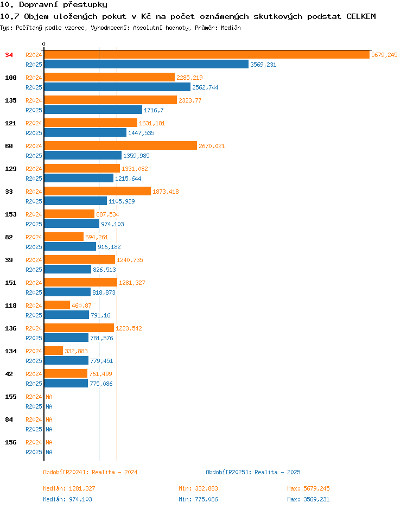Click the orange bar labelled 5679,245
[207, 55]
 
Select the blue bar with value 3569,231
[147, 64]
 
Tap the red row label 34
[9, 55]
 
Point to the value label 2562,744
[205, 87]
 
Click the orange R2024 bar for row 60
[120, 146]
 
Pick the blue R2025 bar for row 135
[93, 110]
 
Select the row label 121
[11, 123]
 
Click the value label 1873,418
[166, 192]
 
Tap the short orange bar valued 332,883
[54, 351]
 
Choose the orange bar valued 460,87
[57, 305]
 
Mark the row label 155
[11, 397]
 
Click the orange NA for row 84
[49, 419]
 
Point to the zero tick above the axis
[44, 44]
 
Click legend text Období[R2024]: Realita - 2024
[90, 472]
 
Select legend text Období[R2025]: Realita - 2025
[253, 472]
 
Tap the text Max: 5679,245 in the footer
[308, 488]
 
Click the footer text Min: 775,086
[198, 499]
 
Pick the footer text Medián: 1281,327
[69, 488]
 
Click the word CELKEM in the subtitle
[361, 16]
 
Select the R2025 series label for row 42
[34, 384]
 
